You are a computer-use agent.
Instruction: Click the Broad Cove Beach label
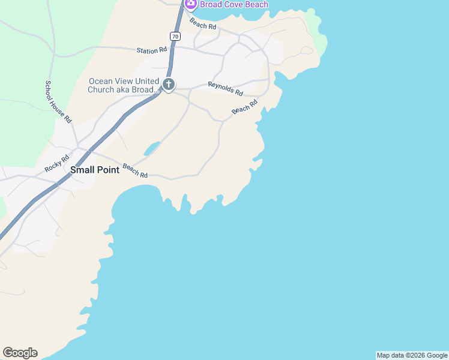tap(234, 4)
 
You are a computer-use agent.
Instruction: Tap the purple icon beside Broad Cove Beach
tap(191, 4)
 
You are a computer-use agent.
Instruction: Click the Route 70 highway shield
tap(175, 37)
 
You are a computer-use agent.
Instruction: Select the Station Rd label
tap(151, 51)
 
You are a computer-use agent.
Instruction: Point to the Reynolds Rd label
tap(225, 89)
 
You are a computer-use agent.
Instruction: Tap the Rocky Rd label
tap(58, 165)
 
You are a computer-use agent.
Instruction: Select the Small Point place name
tap(95, 170)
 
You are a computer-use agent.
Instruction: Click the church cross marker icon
tap(169, 85)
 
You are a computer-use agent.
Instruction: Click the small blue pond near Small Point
tap(151, 148)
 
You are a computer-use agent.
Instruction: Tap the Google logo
tap(20, 353)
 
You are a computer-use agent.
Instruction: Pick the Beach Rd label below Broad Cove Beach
tap(202, 23)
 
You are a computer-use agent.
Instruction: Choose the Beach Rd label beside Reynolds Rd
tap(244, 107)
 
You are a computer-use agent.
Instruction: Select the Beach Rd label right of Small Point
tap(135, 171)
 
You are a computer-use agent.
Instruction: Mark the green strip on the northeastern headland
tap(318, 33)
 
